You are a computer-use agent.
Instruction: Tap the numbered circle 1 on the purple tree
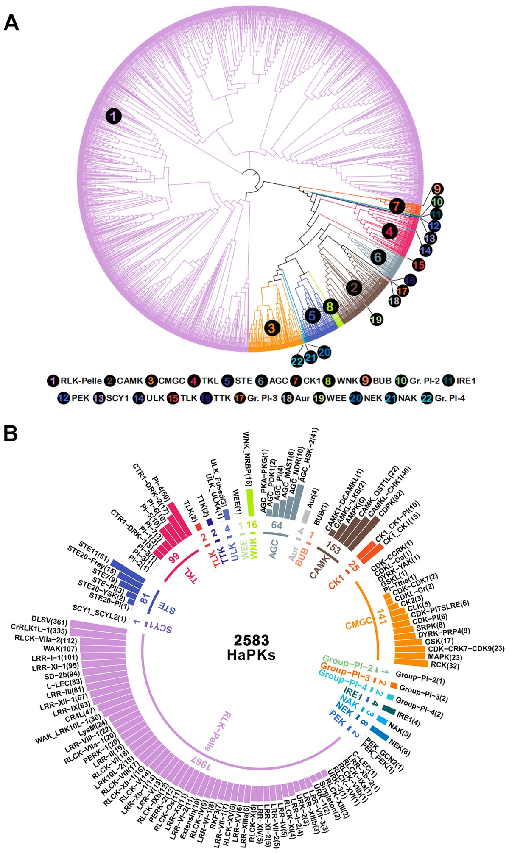tap(113, 116)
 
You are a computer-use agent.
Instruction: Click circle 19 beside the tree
tap(376, 319)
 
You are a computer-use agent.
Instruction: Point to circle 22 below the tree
tap(297, 361)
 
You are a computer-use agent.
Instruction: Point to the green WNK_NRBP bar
tap(250, 503)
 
